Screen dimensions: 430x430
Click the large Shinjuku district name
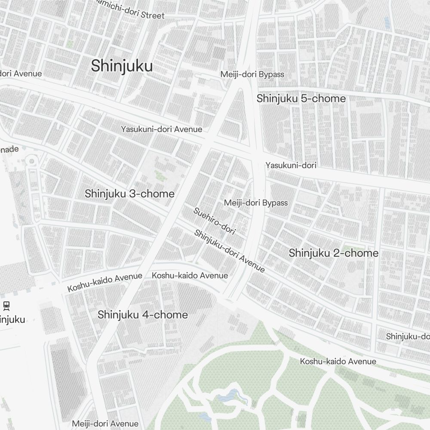coord(122,66)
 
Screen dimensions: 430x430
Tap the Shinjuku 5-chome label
coord(301,98)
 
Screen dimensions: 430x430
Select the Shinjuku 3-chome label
coord(129,193)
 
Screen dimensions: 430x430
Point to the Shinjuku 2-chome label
coord(334,253)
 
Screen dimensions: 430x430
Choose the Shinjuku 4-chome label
coord(143,315)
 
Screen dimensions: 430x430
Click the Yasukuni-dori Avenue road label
coord(161,129)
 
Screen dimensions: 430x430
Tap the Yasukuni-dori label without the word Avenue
coord(291,165)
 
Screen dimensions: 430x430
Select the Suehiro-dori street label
coord(215,221)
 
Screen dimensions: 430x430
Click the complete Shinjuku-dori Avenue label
coord(229,251)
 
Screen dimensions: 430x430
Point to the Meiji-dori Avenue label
coord(105,424)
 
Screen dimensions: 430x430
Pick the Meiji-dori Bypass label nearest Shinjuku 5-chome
coord(252,74)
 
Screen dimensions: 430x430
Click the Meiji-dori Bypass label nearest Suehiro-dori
coord(256,203)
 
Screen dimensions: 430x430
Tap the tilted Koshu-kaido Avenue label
coord(104,283)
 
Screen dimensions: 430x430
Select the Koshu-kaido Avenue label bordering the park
coord(338,362)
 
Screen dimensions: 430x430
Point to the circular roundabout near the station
coord(31,161)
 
